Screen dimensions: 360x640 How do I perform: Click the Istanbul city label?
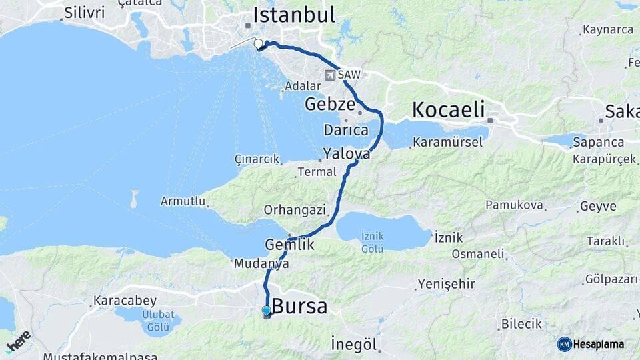coord(293,15)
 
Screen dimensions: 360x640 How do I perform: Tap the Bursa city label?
coord(301,307)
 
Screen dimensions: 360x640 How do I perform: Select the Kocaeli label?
coord(448,110)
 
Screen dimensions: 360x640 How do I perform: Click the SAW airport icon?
coord(330,75)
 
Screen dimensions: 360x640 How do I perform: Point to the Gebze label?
coord(330,104)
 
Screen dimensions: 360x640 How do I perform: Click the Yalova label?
coord(346,154)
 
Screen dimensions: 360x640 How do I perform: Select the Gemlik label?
coord(289,244)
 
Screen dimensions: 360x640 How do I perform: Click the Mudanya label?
coord(261,264)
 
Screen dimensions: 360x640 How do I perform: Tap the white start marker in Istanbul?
coord(259,44)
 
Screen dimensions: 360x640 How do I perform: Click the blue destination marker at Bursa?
coord(266,310)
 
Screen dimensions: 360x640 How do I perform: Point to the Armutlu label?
coord(183,201)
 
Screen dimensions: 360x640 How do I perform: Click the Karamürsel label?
coord(443,142)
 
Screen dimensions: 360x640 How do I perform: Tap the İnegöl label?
coord(354,345)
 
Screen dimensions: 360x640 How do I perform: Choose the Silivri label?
coord(83,12)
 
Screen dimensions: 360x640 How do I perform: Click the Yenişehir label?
coord(446,285)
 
